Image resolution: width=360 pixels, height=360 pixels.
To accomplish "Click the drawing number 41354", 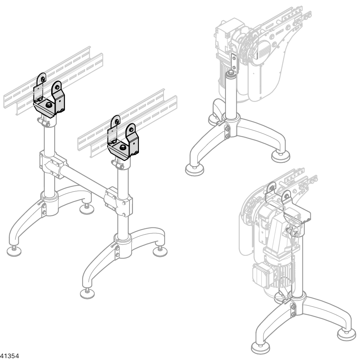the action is click(x=9, y=356).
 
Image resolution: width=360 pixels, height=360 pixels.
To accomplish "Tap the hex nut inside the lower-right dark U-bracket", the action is click(x=122, y=147).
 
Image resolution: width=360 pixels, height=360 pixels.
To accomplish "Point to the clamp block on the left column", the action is click(x=53, y=164).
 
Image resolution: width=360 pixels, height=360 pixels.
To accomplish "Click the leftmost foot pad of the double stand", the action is click(x=14, y=251).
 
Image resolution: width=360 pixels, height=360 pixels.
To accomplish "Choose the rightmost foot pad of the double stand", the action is click(x=160, y=252).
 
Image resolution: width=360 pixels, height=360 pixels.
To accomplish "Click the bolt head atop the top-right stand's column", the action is click(x=230, y=73).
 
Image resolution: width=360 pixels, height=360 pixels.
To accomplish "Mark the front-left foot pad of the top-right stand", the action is click(x=195, y=170).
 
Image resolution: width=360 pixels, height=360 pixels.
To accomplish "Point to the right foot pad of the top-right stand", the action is click(x=280, y=156).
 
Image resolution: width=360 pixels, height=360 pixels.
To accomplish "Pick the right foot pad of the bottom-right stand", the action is click(x=347, y=335).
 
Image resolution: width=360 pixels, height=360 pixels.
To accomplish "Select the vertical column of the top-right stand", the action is click(x=231, y=96).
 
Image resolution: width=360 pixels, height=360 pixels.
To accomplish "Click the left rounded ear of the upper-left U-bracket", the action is click(x=41, y=78).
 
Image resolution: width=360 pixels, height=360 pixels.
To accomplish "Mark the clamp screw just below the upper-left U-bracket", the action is click(x=44, y=122).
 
